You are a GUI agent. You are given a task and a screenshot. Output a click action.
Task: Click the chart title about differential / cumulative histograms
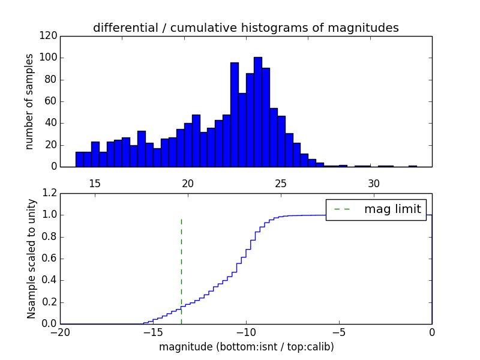point(245,28)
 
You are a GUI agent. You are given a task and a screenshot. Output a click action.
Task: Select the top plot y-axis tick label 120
point(50,36)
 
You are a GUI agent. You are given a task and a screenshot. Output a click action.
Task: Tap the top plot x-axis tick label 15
point(94,183)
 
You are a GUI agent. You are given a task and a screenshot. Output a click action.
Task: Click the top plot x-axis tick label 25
point(281,183)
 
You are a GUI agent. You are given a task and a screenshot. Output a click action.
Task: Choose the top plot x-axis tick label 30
point(374,183)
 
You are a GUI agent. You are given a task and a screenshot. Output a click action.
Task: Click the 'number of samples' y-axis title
point(29,101)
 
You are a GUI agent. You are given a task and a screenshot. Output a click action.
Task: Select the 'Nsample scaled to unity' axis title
point(32,259)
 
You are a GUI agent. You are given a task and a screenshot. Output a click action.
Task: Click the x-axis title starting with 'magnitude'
point(246,347)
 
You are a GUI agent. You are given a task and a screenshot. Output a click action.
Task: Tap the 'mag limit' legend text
point(392,209)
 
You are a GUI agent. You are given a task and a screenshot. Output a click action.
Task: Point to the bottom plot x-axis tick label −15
point(152,332)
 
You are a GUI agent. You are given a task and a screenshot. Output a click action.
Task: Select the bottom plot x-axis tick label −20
point(59,332)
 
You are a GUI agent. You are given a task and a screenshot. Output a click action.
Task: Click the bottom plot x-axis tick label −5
point(338,332)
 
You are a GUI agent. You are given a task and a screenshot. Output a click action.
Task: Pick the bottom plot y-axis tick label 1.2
point(49,193)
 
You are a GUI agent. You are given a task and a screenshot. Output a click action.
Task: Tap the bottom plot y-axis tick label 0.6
point(49,259)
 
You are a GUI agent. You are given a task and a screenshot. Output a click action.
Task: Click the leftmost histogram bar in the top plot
point(79,159)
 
